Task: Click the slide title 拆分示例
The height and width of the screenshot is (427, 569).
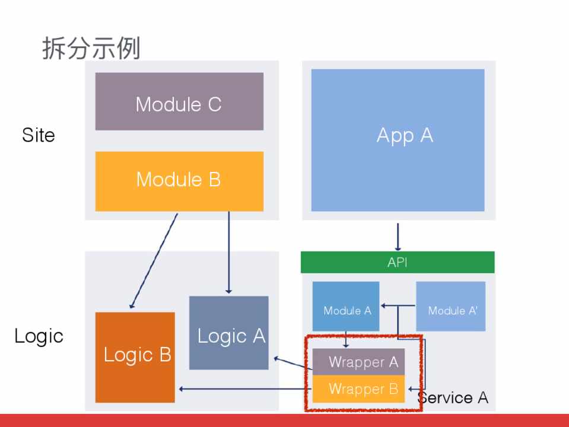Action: click(91, 48)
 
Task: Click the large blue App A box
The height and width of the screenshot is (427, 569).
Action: click(398, 140)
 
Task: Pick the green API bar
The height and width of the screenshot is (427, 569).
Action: click(398, 262)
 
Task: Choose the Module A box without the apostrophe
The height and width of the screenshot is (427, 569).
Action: click(346, 306)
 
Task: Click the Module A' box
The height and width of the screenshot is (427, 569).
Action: click(451, 306)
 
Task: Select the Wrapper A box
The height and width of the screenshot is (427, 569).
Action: click(359, 361)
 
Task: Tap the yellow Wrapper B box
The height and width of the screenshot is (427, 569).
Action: click(359, 389)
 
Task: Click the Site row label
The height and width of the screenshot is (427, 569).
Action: click(39, 135)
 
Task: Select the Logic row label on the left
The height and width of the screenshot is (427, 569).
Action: click(39, 336)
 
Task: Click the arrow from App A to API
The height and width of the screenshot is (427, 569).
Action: click(398, 236)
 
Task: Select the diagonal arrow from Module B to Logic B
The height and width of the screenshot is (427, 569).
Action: click(154, 261)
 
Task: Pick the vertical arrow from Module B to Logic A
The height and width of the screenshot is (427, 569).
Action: click(228, 253)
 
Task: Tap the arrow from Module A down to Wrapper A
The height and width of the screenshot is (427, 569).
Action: click(346, 340)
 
